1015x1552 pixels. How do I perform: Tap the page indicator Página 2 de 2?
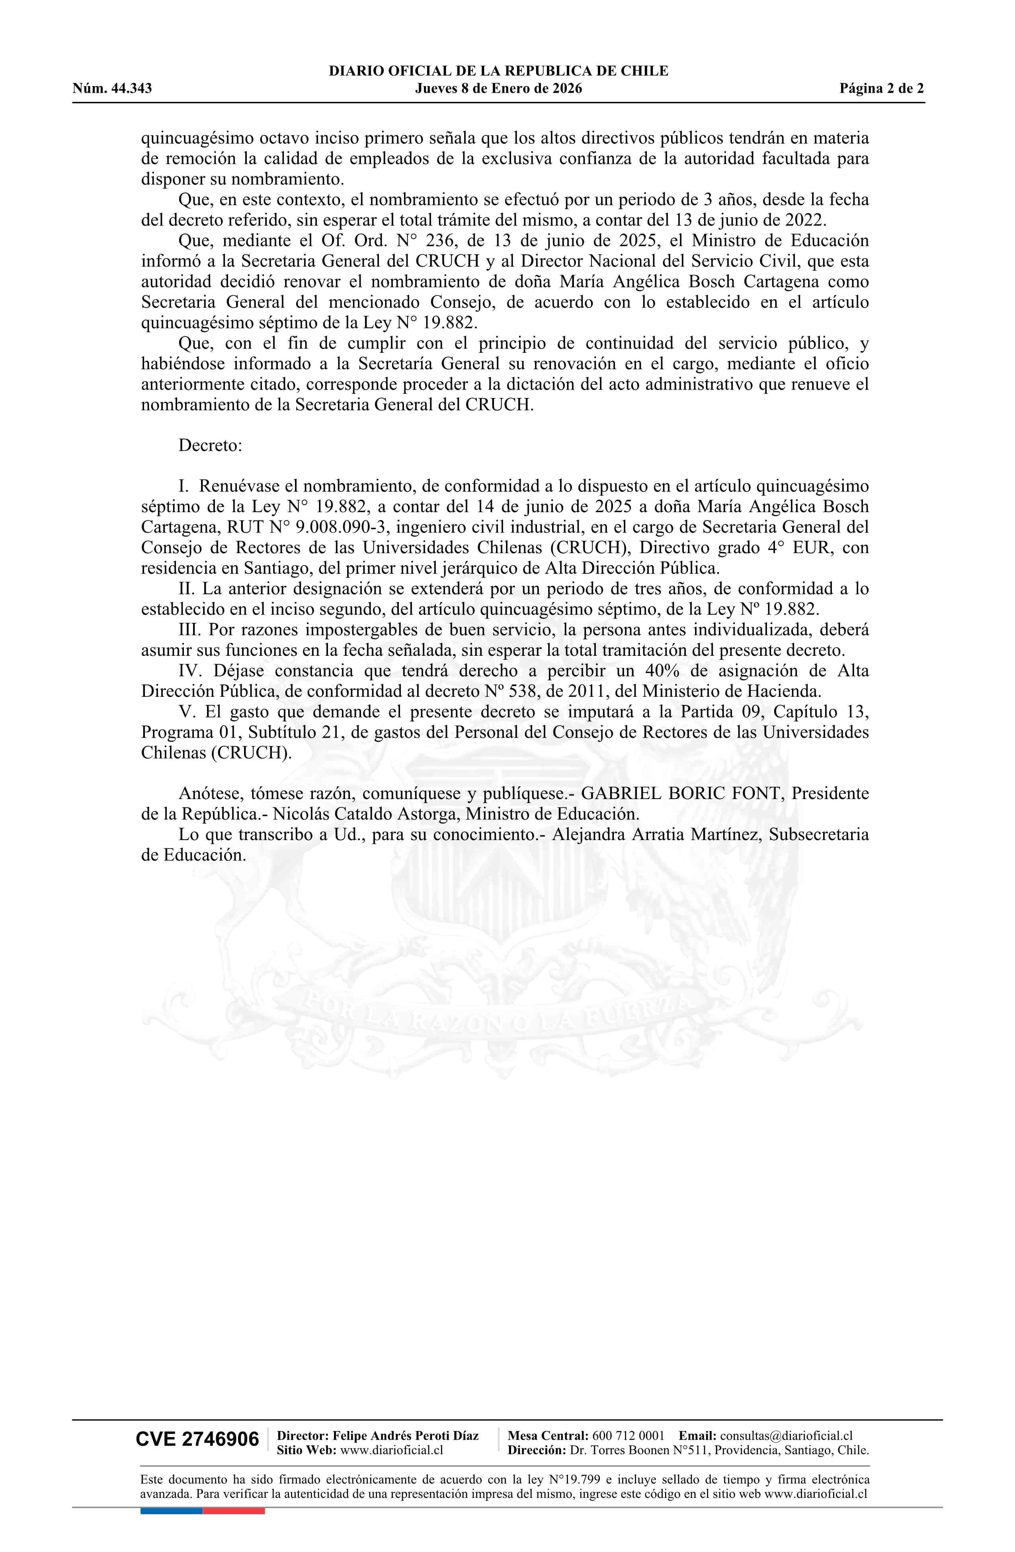point(881,89)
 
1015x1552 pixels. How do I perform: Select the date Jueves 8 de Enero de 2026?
point(498,89)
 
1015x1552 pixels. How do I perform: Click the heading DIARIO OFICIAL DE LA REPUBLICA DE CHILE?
point(498,71)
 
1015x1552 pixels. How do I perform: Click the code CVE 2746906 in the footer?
point(197,1439)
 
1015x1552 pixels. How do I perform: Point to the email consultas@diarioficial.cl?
point(786,1435)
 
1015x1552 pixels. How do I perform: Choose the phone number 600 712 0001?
point(628,1435)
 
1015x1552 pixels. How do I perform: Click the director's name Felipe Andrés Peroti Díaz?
point(405,1435)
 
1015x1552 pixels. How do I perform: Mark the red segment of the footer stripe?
point(234,1493)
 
